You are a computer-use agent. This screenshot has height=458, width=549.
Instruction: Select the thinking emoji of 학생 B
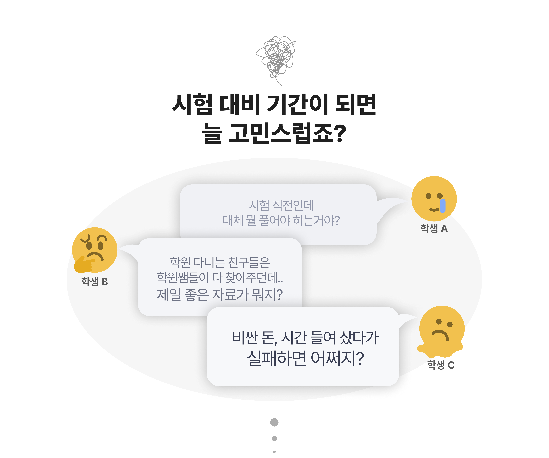click(x=95, y=250)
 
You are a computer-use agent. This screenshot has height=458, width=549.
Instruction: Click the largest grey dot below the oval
click(x=274, y=422)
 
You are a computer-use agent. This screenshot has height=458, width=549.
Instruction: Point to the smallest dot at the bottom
click(x=274, y=452)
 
